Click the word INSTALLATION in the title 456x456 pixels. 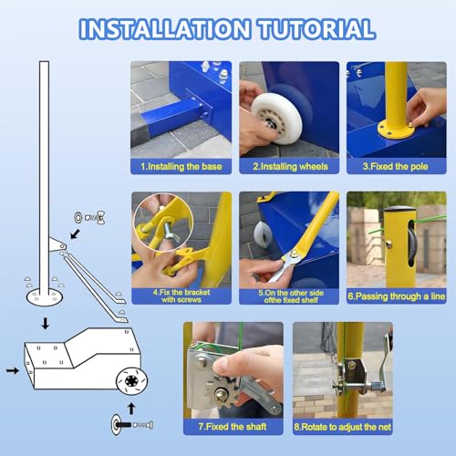pos(165,29)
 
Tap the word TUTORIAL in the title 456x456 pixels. pos(317,29)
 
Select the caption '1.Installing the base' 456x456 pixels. pos(181,167)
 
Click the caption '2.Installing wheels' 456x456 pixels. pos(290,167)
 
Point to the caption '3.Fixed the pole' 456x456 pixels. pos(396,167)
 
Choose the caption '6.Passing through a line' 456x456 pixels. pos(397,296)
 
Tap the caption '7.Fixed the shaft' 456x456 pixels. pos(233,427)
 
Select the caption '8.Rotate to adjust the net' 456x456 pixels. pos(343,427)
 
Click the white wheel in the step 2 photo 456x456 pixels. pos(276,119)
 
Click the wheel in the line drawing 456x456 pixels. pos(131,380)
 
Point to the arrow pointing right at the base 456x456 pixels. pos(13,370)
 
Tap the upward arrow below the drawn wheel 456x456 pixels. pos(131,409)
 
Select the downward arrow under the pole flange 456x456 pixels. pos(46,324)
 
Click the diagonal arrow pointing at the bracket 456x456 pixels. pos(75,234)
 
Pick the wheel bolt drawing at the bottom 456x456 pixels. pos(132,424)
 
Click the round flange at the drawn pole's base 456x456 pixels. pos(45,296)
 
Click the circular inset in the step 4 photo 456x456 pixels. pos(163,223)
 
